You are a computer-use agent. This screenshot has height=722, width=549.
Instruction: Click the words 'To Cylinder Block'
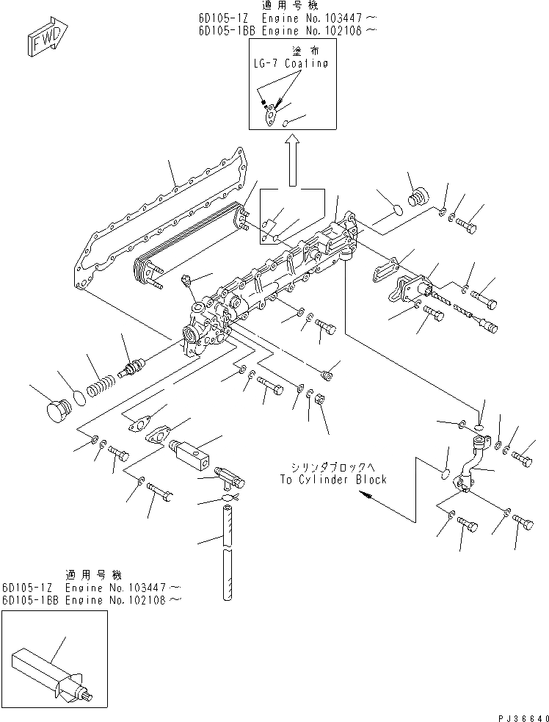click(332, 479)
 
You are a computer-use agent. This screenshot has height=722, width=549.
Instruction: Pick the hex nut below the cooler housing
click(320, 401)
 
